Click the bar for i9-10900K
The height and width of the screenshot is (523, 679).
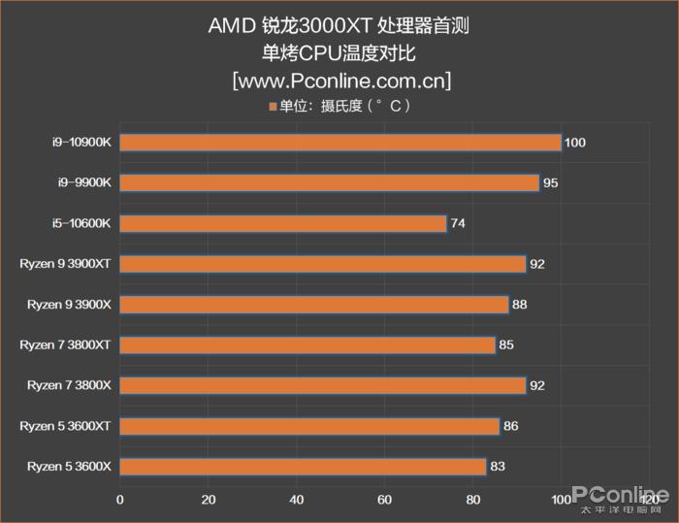tap(339, 143)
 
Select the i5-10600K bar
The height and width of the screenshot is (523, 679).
tap(282, 223)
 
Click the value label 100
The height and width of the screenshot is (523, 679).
tap(574, 143)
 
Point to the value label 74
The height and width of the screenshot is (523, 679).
tap(458, 223)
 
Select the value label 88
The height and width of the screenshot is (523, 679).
tap(519, 305)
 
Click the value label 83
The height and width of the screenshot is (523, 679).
tap(497, 467)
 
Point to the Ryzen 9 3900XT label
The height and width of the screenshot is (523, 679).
tap(66, 264)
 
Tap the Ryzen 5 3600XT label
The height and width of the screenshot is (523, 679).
tap(66, 426)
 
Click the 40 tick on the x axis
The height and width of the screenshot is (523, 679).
tap(296, 500)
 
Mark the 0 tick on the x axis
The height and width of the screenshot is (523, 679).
tap(120, 500)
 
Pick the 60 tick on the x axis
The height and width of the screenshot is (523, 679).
tap(384, 500)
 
